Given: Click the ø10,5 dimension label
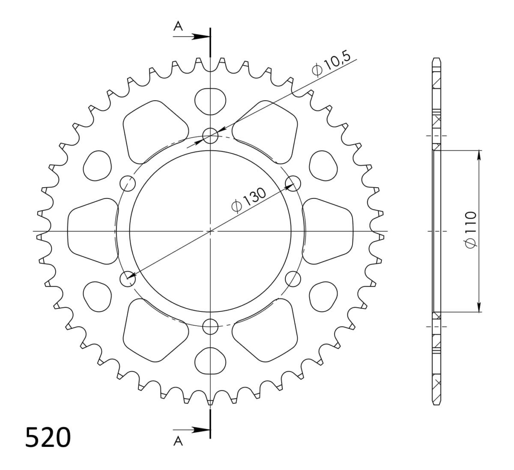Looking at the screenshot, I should (x=332, y=64).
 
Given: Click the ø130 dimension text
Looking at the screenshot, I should (x=249, y=200).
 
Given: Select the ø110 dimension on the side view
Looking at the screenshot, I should (x=470, y=230).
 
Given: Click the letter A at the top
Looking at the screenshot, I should (x=178, y=27).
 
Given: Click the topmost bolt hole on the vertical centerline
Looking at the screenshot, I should (x=210, y=136).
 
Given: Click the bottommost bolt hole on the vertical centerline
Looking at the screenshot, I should (x=210, y=326).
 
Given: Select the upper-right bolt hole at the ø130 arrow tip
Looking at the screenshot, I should (x=293, y=183).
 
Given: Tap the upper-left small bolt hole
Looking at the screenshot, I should (x=128, y=183).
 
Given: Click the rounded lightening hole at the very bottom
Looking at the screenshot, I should (x=210, y=361).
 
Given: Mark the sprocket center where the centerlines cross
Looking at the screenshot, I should (x=210, y=231).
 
